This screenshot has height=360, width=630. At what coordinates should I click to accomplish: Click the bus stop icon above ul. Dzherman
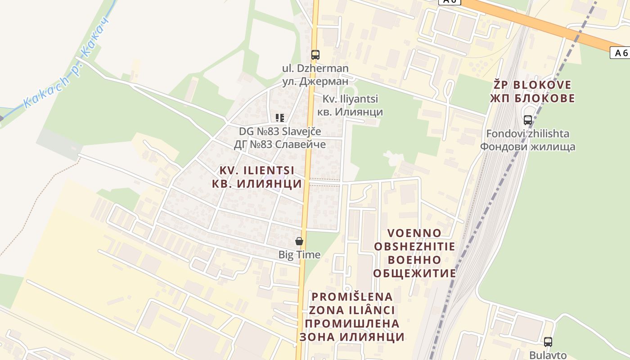click(x=315, y=55)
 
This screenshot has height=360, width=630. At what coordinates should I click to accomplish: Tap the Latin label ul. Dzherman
click(x=315, y=68)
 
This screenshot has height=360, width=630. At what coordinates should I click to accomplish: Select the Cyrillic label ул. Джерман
click(x=315, y=81)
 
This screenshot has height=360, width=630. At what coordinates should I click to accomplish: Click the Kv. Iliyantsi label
click(x=351, y=99)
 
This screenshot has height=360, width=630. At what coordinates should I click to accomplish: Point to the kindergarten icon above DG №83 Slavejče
click(x=280, y=118)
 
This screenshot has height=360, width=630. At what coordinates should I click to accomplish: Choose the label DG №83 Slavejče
click(x=280, y=131)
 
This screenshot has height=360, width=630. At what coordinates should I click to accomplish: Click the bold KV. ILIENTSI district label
click(x=257, y=171)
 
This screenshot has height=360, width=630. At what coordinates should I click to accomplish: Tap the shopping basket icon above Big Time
click(x=299, y=242)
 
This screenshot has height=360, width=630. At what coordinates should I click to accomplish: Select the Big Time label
click(x=299, y=255)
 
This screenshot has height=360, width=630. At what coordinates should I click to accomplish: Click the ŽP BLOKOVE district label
click(x=532, y=85)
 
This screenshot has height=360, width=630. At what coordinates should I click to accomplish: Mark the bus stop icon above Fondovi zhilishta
click(x=528, y=120)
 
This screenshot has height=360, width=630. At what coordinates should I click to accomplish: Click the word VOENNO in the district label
click(x=414, y=233)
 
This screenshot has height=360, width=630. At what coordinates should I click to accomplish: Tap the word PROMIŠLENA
click(x=352, y=297)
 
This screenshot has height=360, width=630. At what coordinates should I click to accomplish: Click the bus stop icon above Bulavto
click(x=548, y=342)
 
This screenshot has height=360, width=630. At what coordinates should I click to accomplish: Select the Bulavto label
click(x=548, y=355)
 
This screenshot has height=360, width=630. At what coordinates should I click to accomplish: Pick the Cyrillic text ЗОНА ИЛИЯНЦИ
click(x=352, y=337)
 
